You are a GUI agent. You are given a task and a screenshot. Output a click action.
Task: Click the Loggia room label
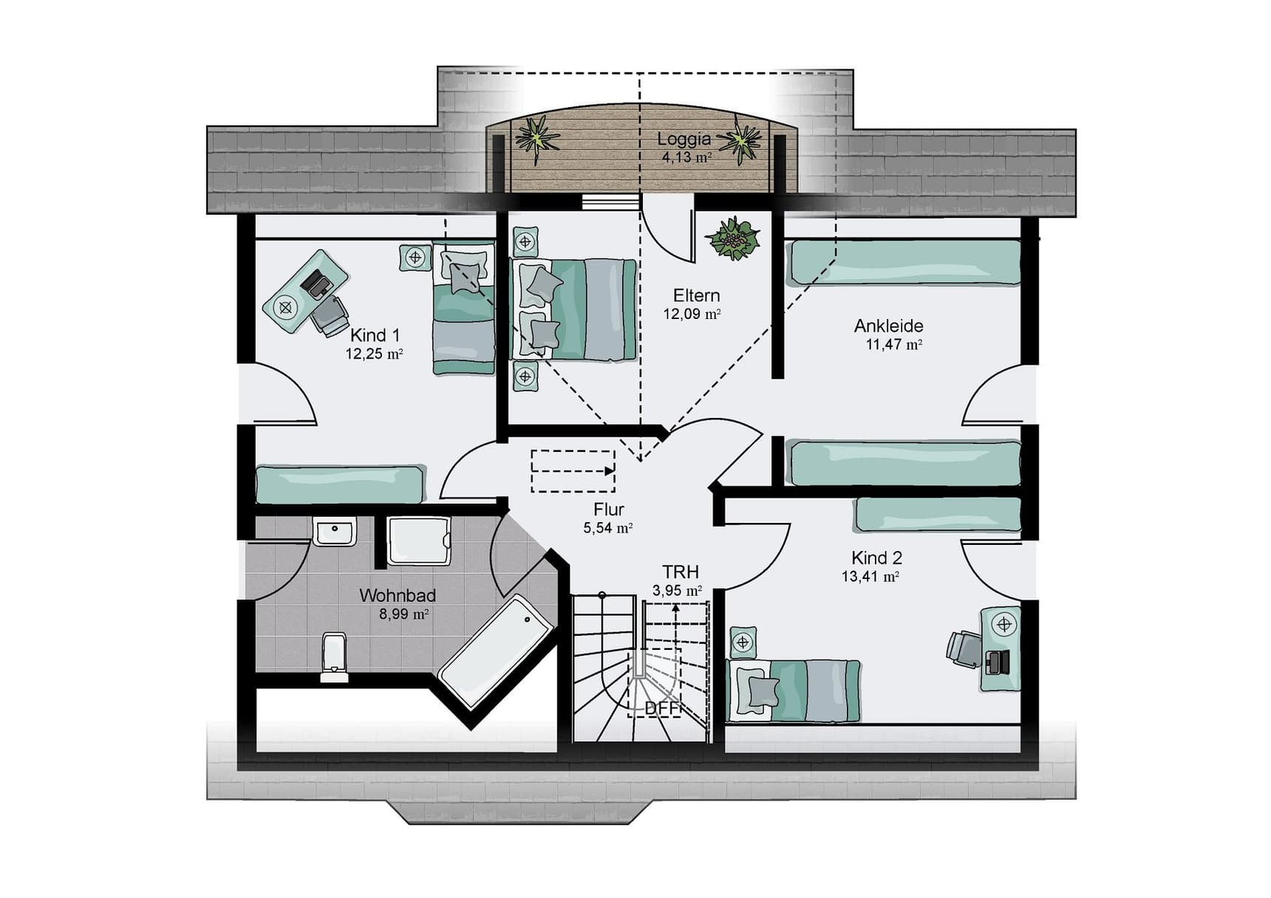tap(684, 139)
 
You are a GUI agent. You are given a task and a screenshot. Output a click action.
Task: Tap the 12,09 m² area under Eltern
tap(692, 314)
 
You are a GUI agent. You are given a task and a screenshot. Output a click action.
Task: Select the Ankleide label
tap(888, 326)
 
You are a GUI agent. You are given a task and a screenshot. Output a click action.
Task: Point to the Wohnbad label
tap(398, 595)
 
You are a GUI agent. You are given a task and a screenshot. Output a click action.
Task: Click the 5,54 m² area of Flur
tap(608, 528)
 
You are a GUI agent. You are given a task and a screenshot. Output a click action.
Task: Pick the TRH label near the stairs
tap(680, 572)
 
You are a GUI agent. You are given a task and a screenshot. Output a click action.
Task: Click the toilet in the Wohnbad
tap(335, 657)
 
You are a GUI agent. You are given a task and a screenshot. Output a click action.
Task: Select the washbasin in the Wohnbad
tap(335, 531)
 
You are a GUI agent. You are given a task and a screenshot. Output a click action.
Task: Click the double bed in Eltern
tap(574, 309)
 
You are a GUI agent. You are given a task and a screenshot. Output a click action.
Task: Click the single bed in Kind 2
tap(794, 691)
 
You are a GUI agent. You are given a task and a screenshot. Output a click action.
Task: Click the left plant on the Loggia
tap(536, 139)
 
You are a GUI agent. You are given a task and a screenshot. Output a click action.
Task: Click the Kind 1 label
tap(375, 335)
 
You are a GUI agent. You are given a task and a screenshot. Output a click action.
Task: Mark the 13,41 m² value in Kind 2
tap(870, 577)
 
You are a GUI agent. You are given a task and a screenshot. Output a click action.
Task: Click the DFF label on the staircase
tap(661, 708)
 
